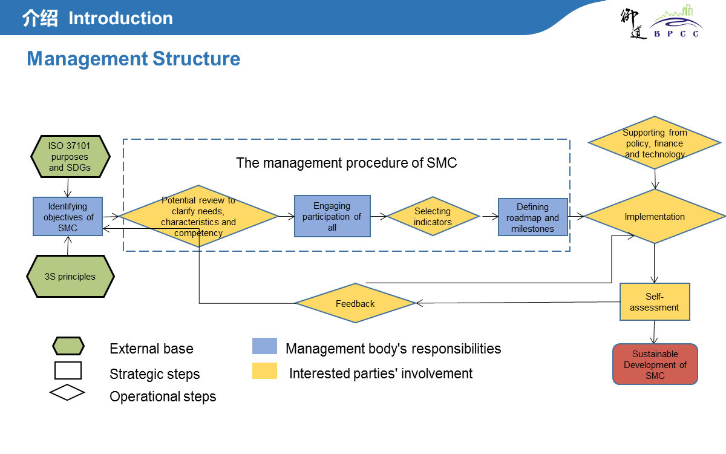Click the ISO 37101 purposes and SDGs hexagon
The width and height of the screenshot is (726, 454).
coord(70,157)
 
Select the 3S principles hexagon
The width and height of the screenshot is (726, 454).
coord(70,277)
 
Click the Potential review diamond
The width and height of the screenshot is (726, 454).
coord(198,216)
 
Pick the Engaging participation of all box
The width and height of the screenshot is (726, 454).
coord(332,217)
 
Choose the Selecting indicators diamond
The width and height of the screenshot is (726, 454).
coord(433,216)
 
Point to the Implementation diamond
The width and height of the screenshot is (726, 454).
coord(655,216)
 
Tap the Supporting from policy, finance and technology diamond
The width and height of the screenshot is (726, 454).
coord(655,143)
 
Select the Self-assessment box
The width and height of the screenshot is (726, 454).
coord(655,301)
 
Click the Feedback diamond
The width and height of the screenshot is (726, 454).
coord(355,303)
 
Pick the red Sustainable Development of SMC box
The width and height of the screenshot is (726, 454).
coord(655,364)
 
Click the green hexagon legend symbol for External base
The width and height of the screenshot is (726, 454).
coord(68,346)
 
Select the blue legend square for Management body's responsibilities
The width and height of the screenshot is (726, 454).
coord(264,346)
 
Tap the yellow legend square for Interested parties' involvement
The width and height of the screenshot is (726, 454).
coord(264,371)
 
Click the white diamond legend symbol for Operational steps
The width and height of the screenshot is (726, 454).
coord(67,392)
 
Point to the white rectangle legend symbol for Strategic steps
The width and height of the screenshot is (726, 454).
coord(68,370)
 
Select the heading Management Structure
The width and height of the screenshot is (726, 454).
coord(134,59)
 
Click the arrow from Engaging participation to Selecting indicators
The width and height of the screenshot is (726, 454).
coord(379,215)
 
